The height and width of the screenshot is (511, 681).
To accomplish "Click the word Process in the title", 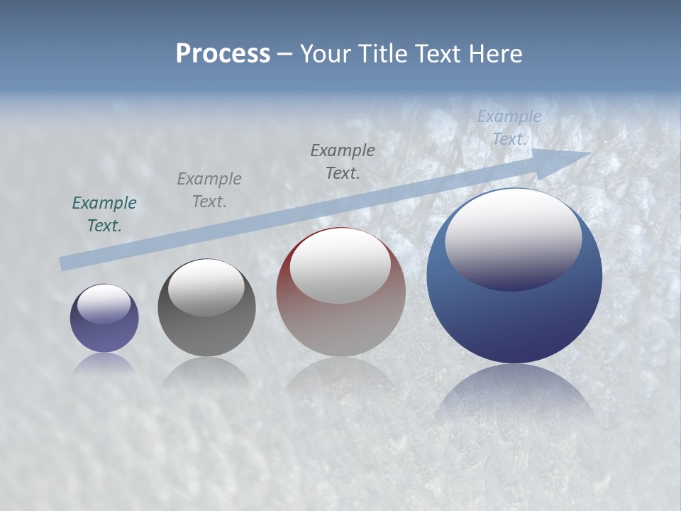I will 223,54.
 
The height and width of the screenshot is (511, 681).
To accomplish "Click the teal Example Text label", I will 104,214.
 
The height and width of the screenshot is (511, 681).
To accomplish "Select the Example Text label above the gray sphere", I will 209,190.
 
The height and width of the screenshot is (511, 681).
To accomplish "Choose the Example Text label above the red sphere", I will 343,162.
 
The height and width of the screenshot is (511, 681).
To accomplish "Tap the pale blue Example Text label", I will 509,128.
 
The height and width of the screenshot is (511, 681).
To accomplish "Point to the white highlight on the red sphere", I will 340,264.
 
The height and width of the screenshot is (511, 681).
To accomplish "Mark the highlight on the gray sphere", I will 206,285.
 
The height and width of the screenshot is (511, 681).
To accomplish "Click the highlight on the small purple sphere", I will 104,303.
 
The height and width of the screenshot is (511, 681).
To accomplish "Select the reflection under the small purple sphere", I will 104,363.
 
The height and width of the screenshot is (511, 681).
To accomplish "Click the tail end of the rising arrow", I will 64,264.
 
